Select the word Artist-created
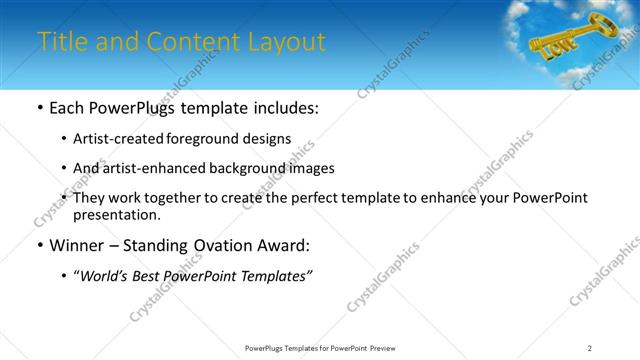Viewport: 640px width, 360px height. [119, 138]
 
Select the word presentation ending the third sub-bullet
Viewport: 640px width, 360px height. [115, 214]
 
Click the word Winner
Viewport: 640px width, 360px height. [78, 245]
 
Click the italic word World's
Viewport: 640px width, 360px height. [105, 276]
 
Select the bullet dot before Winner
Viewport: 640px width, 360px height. [39, 246]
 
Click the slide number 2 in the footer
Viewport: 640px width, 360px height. [590, 348]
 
